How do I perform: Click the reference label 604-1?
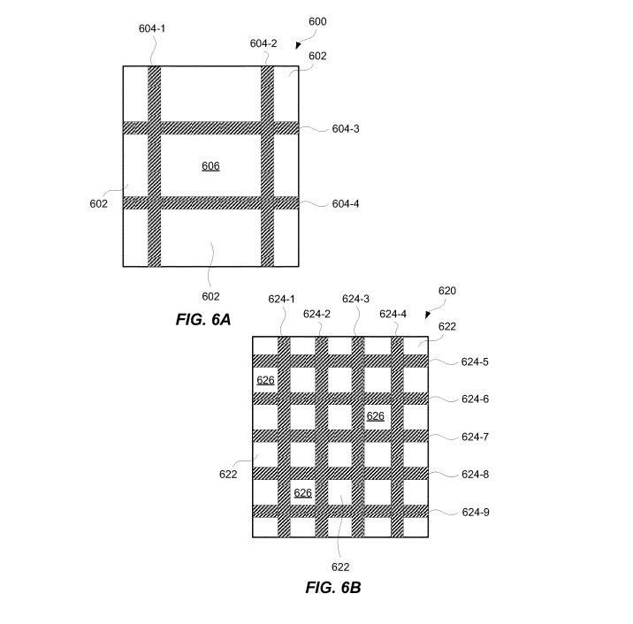click(x=152, y=28)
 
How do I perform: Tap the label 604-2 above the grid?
click(x=263, y=43)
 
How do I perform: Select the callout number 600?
click(x=317, y=22)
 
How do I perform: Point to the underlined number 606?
click(x=210, y=166)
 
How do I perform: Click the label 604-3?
click(x=346, y=129)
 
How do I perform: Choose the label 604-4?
click(x=346, y=204)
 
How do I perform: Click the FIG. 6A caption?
click(x=203, y=319)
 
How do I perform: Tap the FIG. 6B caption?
click(x=333, y=587)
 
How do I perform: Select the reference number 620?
click(x=446, y=291)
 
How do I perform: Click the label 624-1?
click(x=282, y=299)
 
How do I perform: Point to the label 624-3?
click(x=355, y=299)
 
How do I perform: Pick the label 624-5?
click(x=475, y=362)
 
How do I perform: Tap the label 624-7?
click(x=475, y=438)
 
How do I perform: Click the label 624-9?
click(x=476, y=513)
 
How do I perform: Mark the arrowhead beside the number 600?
click(x=298, y=45)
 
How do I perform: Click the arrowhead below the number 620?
click(x=428, y=315)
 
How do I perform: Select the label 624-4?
click(x=393, y=315)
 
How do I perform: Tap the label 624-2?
click(x=316, y=315)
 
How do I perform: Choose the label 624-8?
click(x=475, y=475)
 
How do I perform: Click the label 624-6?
click(x=475, y=400)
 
